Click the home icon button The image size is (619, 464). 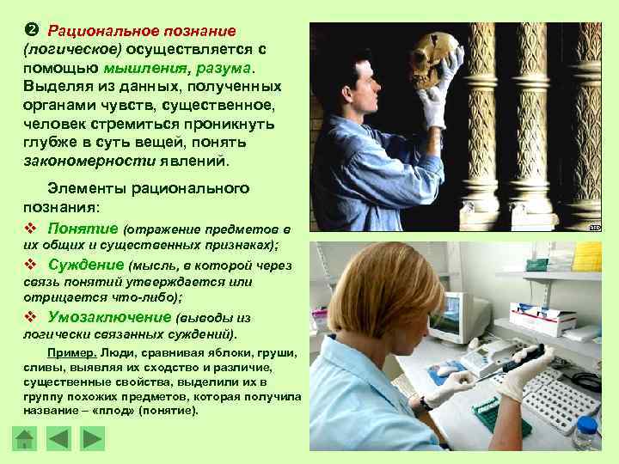pyautogui.click(x=26, y=438)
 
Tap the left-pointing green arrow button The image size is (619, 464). pyautogui.click(x=58, y=438)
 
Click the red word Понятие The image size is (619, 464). pyautogui.click(x=83, y=228)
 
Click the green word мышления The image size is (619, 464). pyautogui.click(x=138, y=68)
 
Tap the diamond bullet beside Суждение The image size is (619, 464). pyautogui.click(x=30, y=265)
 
